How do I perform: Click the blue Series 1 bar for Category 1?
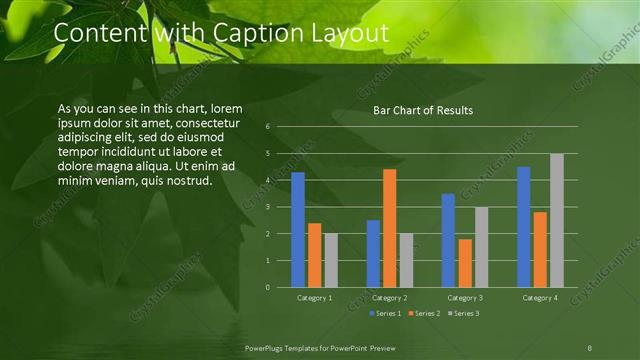click(x=297, y=230)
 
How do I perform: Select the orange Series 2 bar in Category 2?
click(x=389, y=228)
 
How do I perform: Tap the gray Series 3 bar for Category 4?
click(x=557, y=220)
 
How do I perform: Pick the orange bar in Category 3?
click(x=465, y=263)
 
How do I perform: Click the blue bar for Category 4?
click(x=524, y=227)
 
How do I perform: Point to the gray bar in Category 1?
click(x=331, y=260)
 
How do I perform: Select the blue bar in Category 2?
click(x=373, y=254)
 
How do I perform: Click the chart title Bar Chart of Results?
click(x=423, y=110)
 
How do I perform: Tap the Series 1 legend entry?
click(x=387, y=314)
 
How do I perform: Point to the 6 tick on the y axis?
click(x=268, y=127)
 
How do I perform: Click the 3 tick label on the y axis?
click(x=268, y=207)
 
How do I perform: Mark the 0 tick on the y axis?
click(x=268, y=287)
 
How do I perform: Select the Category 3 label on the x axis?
click(x=465, y=298)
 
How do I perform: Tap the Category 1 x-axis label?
click(x=314, y=298)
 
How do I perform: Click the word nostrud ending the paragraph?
click(x=187, y=180)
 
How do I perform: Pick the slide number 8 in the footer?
click(x=590, y=347)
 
